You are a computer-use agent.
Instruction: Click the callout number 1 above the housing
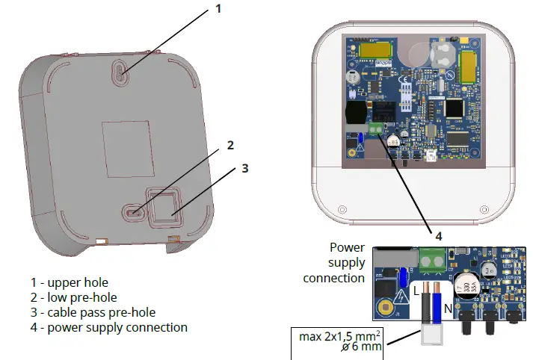pos(219,9)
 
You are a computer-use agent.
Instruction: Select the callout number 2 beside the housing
pos(231,145)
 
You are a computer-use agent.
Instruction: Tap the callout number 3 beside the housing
pos(244,168)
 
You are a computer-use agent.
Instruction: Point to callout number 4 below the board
pos(439,235)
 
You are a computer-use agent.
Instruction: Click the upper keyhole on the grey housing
pos(121,72)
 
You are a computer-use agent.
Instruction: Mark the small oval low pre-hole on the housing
pos(133,212)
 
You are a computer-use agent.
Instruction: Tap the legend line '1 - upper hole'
pos(70,282)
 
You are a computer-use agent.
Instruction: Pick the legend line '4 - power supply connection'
pos(109,327)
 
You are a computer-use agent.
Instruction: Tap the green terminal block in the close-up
pos(429,260)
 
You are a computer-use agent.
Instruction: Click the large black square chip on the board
pos(454,109)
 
